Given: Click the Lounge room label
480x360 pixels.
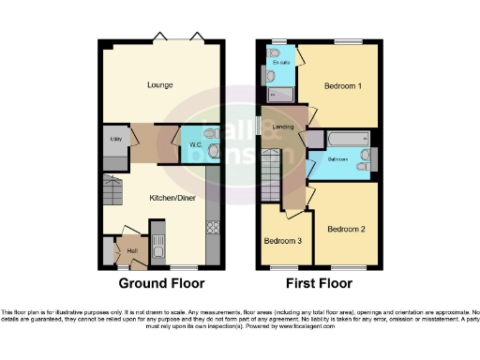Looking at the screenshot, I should [x=160, y=84].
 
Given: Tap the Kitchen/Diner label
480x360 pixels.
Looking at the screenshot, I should [x=160, y=199].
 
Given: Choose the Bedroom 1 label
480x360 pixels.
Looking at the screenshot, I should [x=343, y=86].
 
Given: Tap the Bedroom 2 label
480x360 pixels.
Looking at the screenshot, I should [x=346, y=229].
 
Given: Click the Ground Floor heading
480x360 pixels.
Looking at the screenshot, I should [x=160, y=282].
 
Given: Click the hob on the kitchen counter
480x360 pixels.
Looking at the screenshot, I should [x=212, y=226].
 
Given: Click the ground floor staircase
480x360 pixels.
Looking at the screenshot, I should [x=112, y=192].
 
